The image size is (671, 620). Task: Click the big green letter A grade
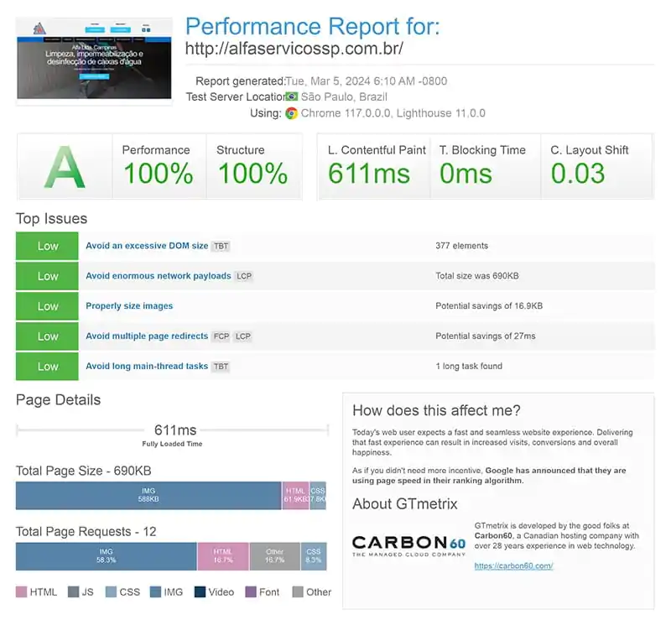[65, 167]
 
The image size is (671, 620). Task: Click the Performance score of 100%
[158, 174]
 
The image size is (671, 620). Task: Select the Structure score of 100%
[252, 174]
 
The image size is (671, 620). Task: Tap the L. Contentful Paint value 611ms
[369, 174]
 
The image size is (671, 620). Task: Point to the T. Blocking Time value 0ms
[466, 174]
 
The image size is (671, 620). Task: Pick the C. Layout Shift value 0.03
[577, 174]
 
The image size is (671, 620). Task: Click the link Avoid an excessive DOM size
[147, 246]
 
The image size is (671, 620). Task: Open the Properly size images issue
[129, 306]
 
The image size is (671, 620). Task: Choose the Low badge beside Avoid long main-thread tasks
[48, 367]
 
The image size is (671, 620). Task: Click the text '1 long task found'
[468, 367]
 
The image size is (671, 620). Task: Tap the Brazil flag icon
[292, 96]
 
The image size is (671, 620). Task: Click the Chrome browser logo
[291, 113]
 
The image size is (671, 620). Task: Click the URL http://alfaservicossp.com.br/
[294, 49]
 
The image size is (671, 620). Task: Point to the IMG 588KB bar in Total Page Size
[148, 495]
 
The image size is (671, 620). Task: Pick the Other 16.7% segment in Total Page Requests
[274, 556]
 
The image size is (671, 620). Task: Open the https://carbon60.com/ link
[513, 566]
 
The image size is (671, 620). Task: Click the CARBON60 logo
[408, 545]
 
